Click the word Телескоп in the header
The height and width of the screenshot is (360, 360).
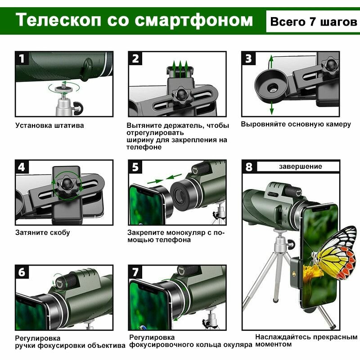coord(58,20)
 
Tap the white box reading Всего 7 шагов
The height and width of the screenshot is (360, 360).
coord(313,21)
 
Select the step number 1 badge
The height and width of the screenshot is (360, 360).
coord(22,58)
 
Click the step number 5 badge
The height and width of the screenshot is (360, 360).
coord(135,166)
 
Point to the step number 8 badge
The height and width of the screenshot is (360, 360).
coord(249,166)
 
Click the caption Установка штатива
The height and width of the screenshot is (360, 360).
coord(49,126)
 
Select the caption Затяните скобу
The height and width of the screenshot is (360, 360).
coord(42,233)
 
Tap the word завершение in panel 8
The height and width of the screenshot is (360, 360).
coord(300,166)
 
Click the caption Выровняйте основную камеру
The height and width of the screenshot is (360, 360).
coord(296,124)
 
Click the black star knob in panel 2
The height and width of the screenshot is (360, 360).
coord(181,95)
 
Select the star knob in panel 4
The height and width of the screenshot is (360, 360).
coord(67,183)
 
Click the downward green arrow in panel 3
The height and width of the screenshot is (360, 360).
coord(272,108)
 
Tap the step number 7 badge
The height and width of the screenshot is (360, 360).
coord(135,272)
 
